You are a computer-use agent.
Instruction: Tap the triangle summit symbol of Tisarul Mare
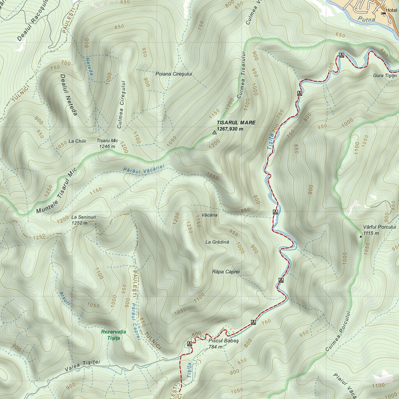click(x=214, y=133)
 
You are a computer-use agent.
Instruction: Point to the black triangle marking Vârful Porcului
click(x=360, y=236)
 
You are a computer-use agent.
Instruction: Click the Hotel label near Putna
click(x=391, y=10)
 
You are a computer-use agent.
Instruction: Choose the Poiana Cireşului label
click(x=173, y=74)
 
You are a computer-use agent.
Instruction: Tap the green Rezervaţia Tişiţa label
click(x=113, y=335)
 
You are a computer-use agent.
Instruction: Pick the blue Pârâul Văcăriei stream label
click(x=144, y=169)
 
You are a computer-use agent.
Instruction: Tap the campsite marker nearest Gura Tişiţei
click(x=341, y=55)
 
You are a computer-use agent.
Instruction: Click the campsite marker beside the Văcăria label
click(x=275, y=212)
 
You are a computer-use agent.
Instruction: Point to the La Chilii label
click(x=76, y=141)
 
